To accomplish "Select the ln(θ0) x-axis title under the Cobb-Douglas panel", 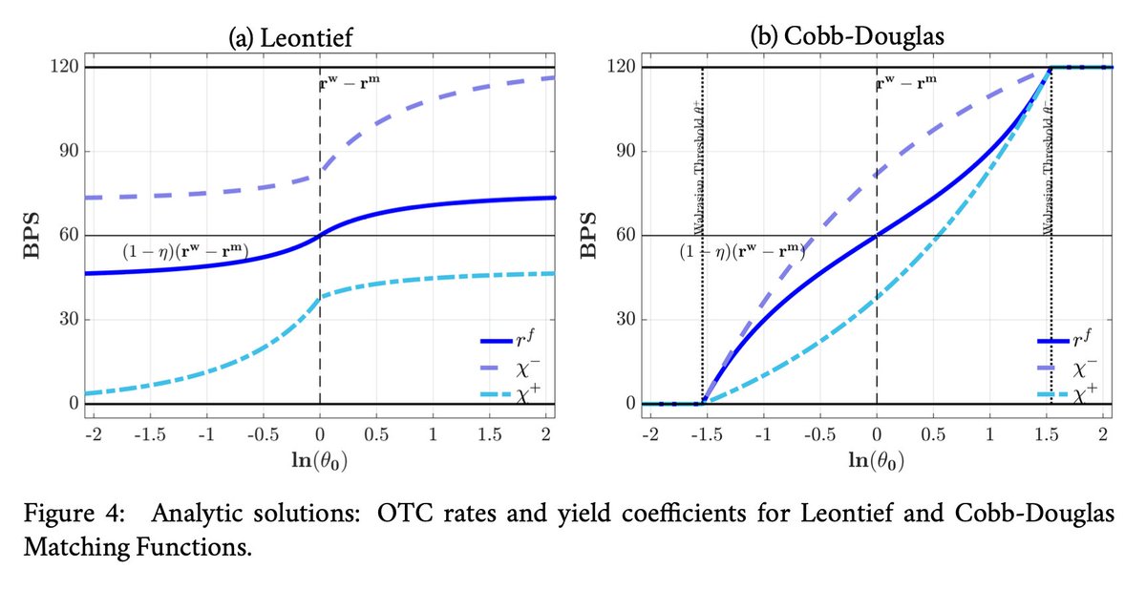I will click(876, 457).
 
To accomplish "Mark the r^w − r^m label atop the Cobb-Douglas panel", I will click(906, 83).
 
